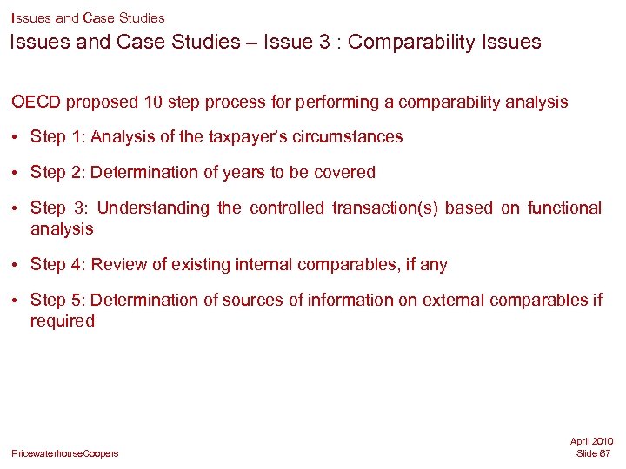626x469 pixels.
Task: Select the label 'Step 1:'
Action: tap(57, 137)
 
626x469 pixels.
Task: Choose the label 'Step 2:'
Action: tap(57, 173)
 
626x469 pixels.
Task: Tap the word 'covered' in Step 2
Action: tap(346, 173)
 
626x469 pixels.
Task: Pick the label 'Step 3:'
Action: tap(60, 208)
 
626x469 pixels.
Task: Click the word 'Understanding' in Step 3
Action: tap(154, 208)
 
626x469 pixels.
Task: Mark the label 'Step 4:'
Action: tap(57, 265)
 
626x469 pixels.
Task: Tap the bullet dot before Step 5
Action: tap(17, 301)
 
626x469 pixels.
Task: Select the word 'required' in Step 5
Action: tap(63, 321)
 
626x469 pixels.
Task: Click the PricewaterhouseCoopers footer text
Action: tap(65, 454)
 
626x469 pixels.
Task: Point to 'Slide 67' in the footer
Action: tap(594, 454)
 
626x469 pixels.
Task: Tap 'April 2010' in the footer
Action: tap(592, 442)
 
